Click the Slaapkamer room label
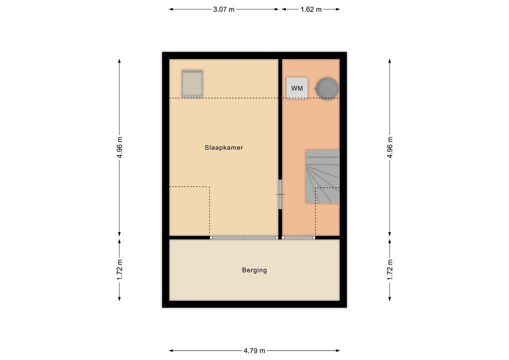click(x=223, y=147)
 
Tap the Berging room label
click(x=254, y=270)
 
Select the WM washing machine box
click(x=297, y=88)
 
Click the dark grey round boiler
click(x=327, y=88)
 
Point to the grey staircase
click(x=322, y=176)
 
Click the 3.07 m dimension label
click(x=223, y=9)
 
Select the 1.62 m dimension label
click(x=311, y=9)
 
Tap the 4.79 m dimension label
click(x=254, y=350)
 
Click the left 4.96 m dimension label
click(x=120, y=147)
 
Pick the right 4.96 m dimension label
click(x=390, y=147)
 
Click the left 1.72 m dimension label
click(x=120, y=270)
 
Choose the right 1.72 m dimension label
click(x=390, y=270)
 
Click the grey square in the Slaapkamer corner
click(x=192, y=83)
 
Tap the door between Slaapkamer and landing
click(x=280, y=194)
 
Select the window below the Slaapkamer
click(x=244, y=238)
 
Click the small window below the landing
click(x=298, y=238)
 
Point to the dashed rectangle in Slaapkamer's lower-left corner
click(x=209, y=211)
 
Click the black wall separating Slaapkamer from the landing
click(x=280, y=119)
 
